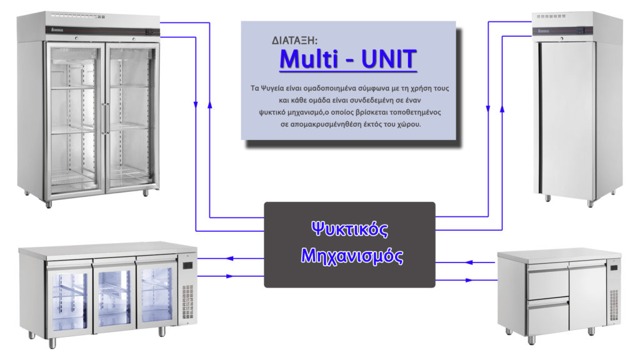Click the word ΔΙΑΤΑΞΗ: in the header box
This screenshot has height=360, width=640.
294,41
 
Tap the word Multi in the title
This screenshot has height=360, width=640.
309,59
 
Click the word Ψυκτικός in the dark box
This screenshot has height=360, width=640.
350,229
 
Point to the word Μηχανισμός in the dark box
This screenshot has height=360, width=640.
352,256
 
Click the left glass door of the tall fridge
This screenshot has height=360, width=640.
75,118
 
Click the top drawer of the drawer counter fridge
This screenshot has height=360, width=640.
547,281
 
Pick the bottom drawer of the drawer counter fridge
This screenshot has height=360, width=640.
547,316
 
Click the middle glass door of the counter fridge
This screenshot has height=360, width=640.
114,295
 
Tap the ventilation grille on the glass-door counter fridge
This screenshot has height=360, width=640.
187,302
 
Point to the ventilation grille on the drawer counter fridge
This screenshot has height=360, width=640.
614,305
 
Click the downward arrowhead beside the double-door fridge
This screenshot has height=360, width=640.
196,105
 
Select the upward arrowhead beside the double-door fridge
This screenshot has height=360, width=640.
210,105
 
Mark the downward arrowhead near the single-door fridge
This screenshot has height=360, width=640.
488,109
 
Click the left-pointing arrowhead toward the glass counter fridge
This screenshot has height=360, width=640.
230,258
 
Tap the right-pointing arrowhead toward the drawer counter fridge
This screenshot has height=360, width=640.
469,281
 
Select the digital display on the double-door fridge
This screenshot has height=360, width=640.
150,32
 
